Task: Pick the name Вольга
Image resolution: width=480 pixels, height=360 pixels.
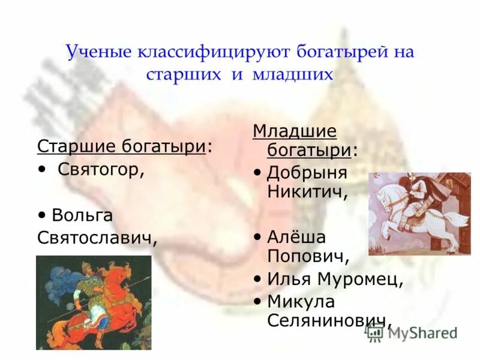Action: (x=82, y=215)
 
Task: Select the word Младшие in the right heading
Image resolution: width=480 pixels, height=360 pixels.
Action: (x=295, y=131)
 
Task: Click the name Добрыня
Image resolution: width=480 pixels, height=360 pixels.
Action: (x=307, y=173)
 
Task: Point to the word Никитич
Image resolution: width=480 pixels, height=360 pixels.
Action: (x=307, y=192)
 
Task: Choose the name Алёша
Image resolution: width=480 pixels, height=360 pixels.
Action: (x=296, y=237)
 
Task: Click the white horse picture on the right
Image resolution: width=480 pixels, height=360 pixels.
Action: (x=419, y=213)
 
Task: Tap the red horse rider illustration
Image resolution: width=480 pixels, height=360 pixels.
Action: (x=94, y=302)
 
